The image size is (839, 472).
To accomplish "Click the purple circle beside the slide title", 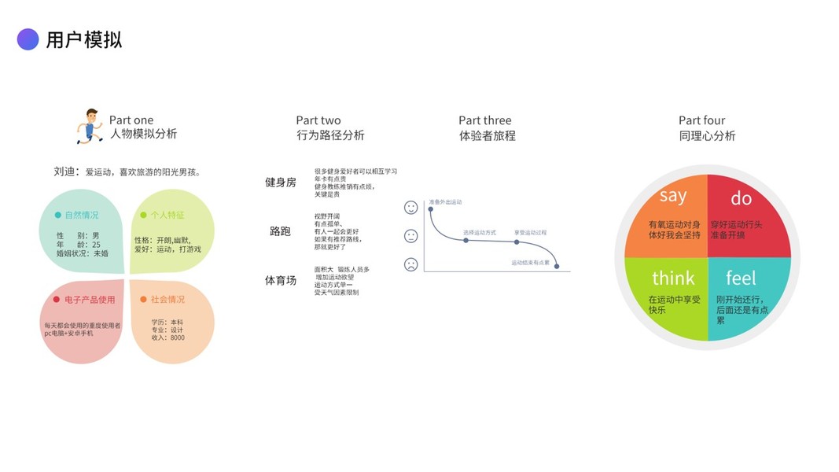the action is pyautogui.click(x=28, y=39).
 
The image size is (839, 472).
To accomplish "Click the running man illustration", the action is pyautogui.click(x=90, y=126).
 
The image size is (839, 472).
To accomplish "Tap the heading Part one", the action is pyautogui.click(x=131, y=120).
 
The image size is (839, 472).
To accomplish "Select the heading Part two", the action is pyautogui.click(x=318, y=120).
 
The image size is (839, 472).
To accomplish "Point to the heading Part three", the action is pyautogui.click(x=485, y=120).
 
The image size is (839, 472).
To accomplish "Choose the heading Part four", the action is pyautogui.click(x=702, y=120).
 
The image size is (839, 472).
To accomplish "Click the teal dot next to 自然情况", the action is pyautogui.click(x=57, y=215).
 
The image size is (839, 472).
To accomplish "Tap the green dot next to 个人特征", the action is pyautogui.click(x=143, y=215).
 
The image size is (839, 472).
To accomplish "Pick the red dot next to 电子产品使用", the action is pyautogui.click(x=57, y=300).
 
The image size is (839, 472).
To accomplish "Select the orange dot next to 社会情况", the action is pyautogui.click(x=143, y=300).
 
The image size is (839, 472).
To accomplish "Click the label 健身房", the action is pyautogui.click(x=281, y=183).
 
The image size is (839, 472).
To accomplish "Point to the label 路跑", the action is pyautogui.click(x=281, y=231).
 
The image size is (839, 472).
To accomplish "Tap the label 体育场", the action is pyautogui.click(x=281, y=280).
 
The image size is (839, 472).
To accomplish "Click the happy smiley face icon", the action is pyautogui.click(x=411, y=208).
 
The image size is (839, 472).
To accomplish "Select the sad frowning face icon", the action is pyautogui.click(x=411, y=264).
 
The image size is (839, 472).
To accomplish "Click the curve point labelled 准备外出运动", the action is pyautogui.click(x=431, y=208).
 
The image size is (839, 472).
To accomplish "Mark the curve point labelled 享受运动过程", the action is pyautogui.click(x=517, y=242).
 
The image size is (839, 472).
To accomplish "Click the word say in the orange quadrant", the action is pyautogui.click(x=673, y=196).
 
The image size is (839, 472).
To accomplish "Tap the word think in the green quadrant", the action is pyautogui.click(x=673, y=278).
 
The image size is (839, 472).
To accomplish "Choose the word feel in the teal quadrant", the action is pyautogui.click(x=741, y=278).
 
